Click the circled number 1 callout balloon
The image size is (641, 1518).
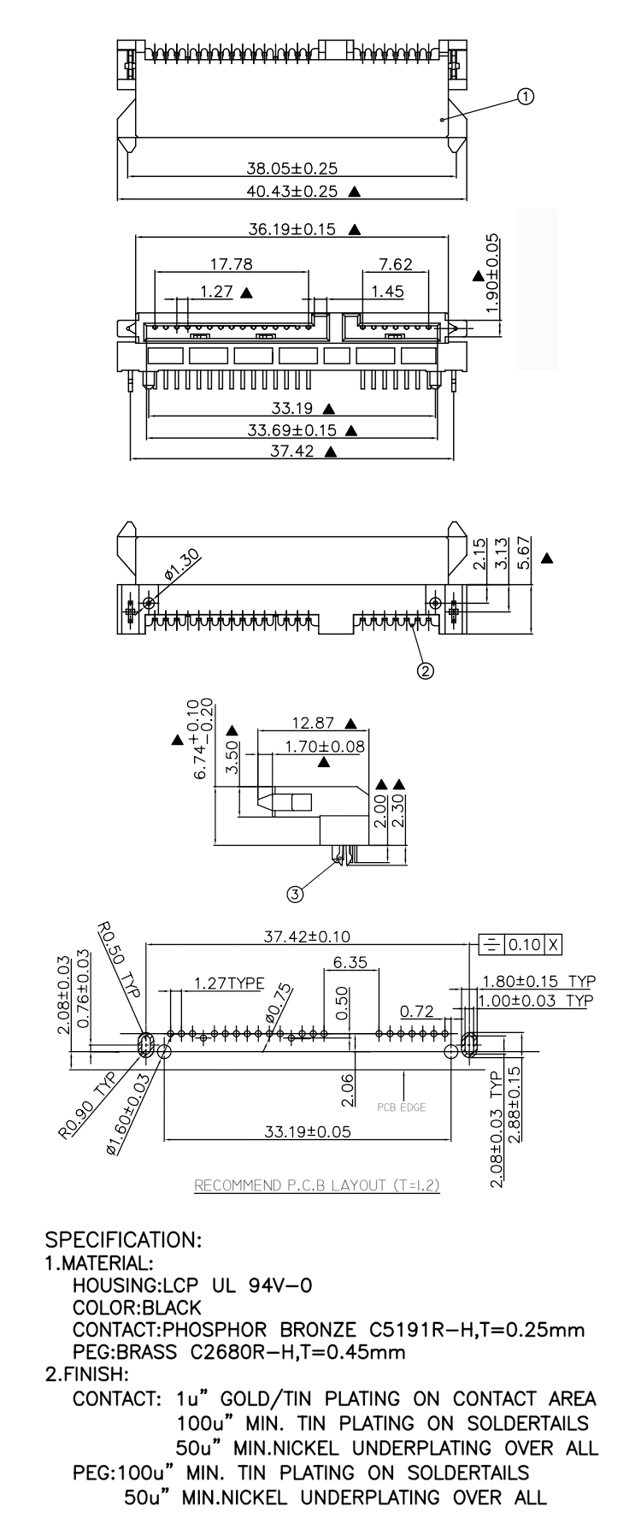(x=526, y=97)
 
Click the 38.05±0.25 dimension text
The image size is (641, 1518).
(x=292, y=168)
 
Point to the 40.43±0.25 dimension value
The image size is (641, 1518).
(x=292, y=191)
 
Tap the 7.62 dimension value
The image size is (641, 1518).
(x=396, y=264)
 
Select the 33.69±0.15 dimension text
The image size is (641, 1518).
(x=292, y=430)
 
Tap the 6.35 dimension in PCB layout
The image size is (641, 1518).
(x=350, y=962)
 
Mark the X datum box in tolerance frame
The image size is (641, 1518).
(x=554, y=944)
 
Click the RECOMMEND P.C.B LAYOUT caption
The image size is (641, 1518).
(x=317, y=1186)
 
